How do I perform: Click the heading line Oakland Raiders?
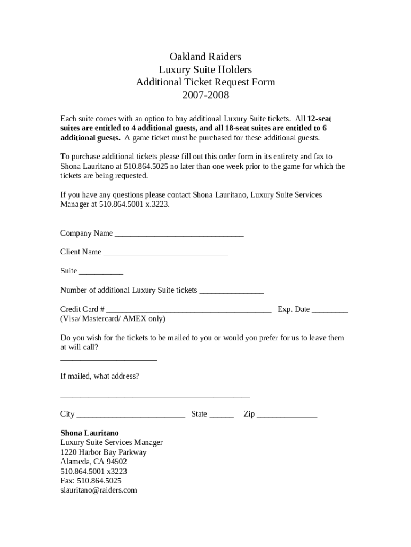tap(205, 57)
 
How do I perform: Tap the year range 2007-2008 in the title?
tap(205, 96)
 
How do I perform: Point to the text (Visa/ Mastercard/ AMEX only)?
tap(113, 319)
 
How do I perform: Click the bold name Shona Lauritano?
tap(90, 433)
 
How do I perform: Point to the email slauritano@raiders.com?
tap(99, 490)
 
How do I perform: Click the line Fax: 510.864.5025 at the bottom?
tap(91, 481)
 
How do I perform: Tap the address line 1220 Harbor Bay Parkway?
tap(103, 452)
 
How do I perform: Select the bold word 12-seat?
tap(320, 119)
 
